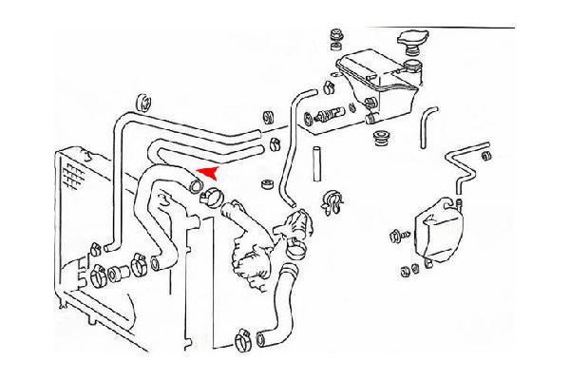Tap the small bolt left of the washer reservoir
click(396, 234)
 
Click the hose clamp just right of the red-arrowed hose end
click(211, 199)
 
